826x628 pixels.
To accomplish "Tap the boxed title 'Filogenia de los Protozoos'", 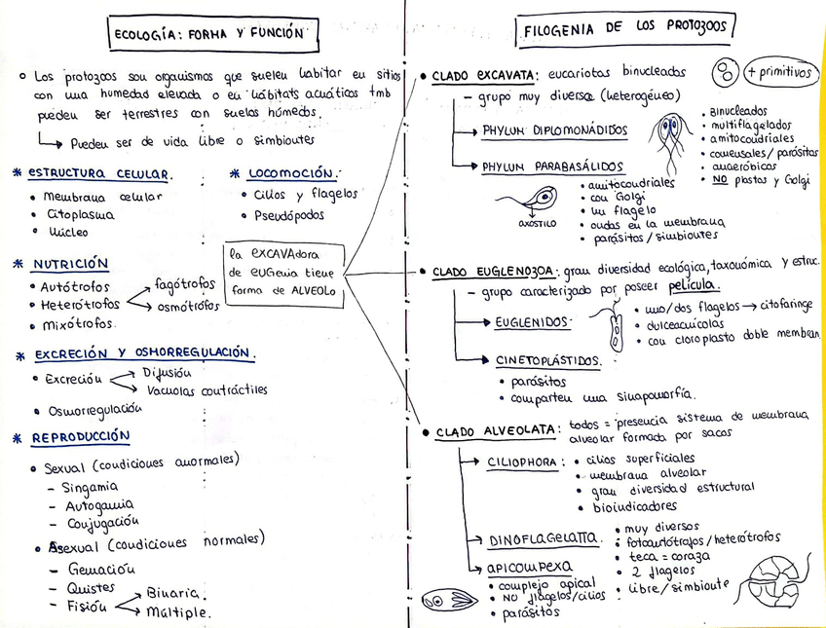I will tap(625, 29).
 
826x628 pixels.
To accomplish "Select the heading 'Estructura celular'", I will tap(99, 174).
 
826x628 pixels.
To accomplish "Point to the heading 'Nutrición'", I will tap(70, 264).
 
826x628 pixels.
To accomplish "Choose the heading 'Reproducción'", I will tap(80, 437).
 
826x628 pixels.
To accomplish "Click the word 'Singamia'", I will tap(90, 486).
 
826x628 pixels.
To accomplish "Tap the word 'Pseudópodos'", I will tap(289, 215).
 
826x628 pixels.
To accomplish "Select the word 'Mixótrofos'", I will tap(77, 323).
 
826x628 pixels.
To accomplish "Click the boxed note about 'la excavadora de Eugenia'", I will tap(283, 272).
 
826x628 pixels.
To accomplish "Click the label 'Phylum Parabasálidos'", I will tap(552, 166).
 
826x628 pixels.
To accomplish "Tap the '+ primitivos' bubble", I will tap(778, 72).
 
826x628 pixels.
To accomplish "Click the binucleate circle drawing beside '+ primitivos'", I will tap(725, 72).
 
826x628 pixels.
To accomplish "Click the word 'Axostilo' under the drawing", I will tap(537, 223).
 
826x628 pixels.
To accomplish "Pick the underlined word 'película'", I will tap(694, 285).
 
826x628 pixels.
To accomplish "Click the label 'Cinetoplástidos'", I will tap(547, 360).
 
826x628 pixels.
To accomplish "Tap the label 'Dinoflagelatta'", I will tap(544, 537).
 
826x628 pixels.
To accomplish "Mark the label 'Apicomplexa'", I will tap(530, 567).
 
